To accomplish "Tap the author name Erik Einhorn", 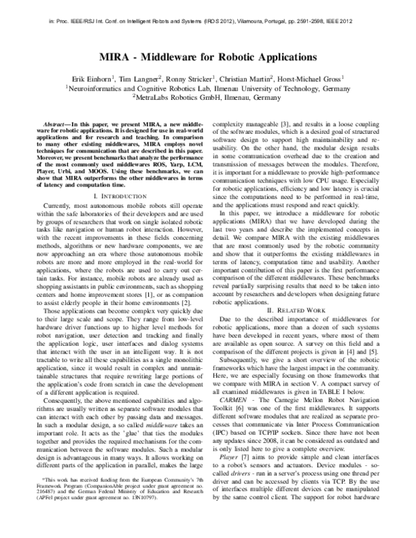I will [x=92, y=79].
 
